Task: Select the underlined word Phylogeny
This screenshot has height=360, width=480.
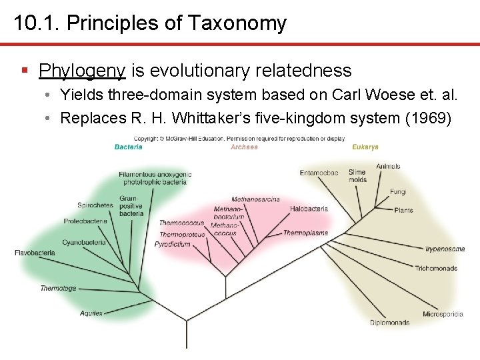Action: [82, 70]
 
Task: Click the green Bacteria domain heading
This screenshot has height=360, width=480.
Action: [128, 147]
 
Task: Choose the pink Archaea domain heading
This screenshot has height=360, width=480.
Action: [244, 147]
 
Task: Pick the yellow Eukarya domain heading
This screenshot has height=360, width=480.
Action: [365, 147]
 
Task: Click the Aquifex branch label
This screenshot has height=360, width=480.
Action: [91, 313]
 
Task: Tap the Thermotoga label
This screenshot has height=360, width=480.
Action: [58, 289]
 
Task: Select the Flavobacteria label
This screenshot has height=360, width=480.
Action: [35, 253]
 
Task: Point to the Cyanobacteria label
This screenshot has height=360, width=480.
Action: [84, 243]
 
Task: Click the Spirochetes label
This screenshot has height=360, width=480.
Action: [95, 205]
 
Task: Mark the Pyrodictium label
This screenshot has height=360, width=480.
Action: [173, 245]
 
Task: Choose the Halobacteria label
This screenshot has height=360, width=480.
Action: [309, 209]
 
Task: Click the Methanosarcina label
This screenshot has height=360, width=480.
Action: [255, 199]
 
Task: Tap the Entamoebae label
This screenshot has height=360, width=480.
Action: [319, 173]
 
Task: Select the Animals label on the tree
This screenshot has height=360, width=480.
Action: [388, 166]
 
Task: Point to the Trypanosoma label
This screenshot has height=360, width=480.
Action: [445, 249]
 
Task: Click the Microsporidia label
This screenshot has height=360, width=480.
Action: [443, 314]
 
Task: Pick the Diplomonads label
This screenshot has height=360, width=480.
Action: [389, 323]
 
